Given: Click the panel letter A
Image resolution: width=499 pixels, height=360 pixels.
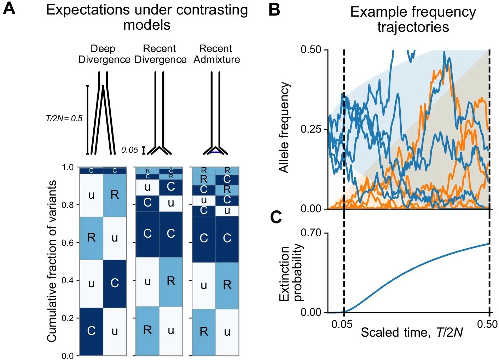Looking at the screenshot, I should (9, 8).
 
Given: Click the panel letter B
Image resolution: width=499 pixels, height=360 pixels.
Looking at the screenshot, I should (274, 10).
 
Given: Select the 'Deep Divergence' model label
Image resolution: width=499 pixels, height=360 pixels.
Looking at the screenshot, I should (104, 54).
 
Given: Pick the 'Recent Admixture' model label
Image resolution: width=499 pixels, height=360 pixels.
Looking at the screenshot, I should (216, 54).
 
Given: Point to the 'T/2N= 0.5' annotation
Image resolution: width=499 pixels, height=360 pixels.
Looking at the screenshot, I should (64, 118).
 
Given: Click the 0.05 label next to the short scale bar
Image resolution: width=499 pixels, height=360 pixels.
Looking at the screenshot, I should (129, 150).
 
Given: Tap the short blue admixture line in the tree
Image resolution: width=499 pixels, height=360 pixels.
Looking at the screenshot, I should (215, 152).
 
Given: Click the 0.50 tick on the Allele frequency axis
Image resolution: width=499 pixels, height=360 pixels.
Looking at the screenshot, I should (311, 50).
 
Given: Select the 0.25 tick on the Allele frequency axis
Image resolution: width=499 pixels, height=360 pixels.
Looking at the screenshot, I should (311, 129).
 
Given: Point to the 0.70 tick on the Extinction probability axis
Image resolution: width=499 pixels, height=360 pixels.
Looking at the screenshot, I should (311, 233).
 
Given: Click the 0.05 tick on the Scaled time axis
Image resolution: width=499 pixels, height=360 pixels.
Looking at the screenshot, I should (342, 324).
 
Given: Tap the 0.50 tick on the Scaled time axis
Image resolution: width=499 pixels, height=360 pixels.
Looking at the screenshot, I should (487, 324).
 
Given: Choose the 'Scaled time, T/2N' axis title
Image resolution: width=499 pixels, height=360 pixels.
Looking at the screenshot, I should (412, 333).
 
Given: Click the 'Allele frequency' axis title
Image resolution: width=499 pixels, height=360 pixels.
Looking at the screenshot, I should (284, 127).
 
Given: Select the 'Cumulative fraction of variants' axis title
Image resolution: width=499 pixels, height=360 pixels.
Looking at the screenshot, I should (52, 261).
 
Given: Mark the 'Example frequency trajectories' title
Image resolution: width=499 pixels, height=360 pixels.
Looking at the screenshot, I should (413, 19).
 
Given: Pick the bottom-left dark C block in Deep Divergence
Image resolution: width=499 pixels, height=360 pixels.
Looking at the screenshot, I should (91, 331).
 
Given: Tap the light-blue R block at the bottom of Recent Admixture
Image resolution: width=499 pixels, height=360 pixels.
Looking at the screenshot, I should (204, 332).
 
